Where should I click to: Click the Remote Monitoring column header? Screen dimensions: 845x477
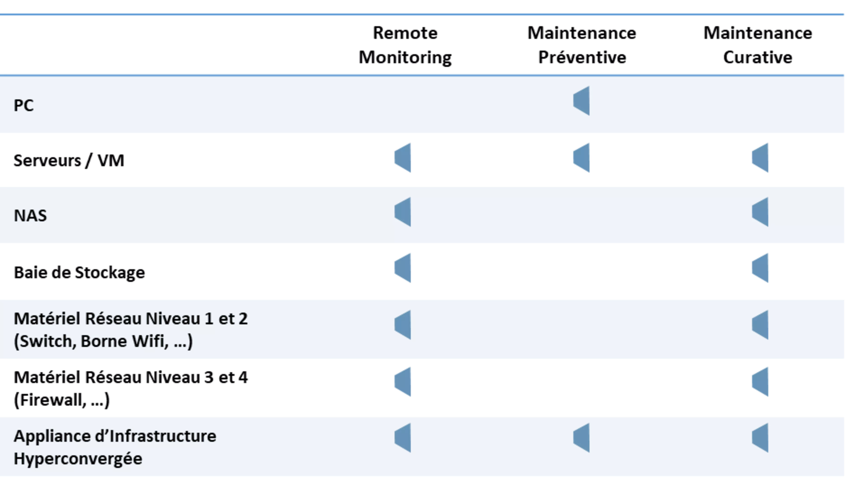[405, 45]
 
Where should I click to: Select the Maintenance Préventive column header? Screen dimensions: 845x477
[582, 45]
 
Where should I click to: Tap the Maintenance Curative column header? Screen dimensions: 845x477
[758, 45]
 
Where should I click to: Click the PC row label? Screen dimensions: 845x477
[24, 105]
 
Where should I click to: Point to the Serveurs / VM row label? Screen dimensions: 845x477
[69, 161]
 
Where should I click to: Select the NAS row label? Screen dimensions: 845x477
[30, 216]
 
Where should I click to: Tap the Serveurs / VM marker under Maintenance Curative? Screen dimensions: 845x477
[760, 158]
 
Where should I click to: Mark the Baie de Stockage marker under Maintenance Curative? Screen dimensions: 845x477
[760, 268]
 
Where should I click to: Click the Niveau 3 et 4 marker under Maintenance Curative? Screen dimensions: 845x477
[760, 382]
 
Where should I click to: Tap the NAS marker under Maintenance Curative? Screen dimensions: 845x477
[760, 212]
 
